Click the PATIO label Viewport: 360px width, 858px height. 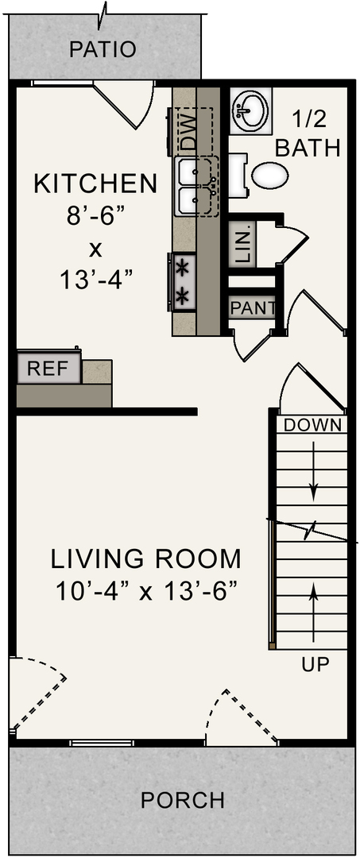tap(103, 49)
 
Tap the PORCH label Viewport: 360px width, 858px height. tap(183, 799)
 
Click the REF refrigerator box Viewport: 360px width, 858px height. tap(48, 369)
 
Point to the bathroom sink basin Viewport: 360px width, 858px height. tap(250, 110)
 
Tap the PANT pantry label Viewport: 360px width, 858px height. tap(252, 307)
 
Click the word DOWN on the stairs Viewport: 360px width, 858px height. tap(313, 424)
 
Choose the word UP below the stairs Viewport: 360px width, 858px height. tap(315, 664)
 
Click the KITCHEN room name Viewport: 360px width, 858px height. tap(95, 184)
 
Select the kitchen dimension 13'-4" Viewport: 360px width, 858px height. tap(95, 280)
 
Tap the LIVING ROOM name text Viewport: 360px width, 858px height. tap(146, 558)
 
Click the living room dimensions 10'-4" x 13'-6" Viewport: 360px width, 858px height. tap(146, 592)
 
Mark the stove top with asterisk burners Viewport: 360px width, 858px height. tap(183, 280)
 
